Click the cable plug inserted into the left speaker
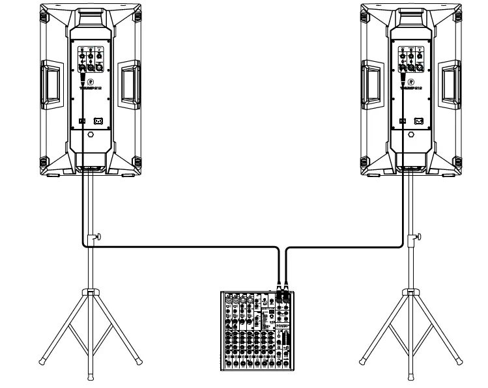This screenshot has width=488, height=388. pos(83,79)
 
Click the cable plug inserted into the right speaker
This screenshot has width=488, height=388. pos(403,79)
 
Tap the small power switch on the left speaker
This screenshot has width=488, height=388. pos(81,120)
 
